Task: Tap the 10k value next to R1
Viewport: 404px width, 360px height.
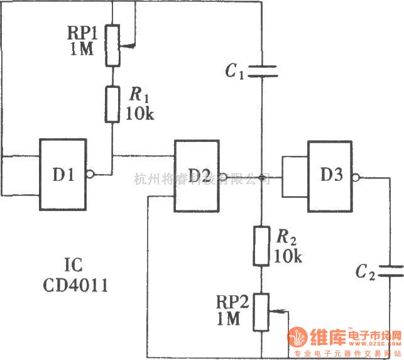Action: click(x=141, y=113)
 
